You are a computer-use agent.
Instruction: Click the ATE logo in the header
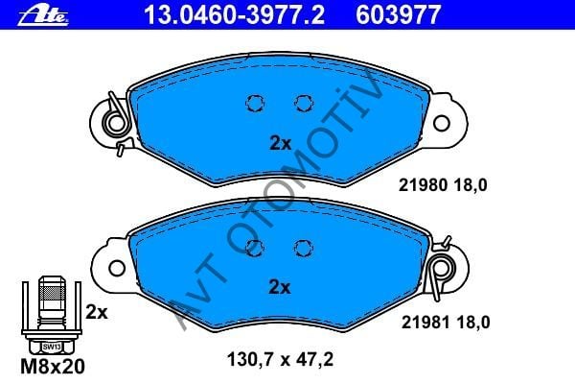43,16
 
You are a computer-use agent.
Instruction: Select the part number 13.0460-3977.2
235,15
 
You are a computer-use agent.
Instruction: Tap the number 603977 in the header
398,15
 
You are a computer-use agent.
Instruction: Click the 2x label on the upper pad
280,143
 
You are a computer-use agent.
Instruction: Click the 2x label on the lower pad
280,287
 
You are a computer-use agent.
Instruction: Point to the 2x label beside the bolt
97,312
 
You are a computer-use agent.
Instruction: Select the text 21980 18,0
443,185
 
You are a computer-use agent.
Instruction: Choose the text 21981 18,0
446,323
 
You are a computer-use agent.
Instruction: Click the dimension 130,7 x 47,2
280,359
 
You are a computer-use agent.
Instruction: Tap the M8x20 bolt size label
53,367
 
